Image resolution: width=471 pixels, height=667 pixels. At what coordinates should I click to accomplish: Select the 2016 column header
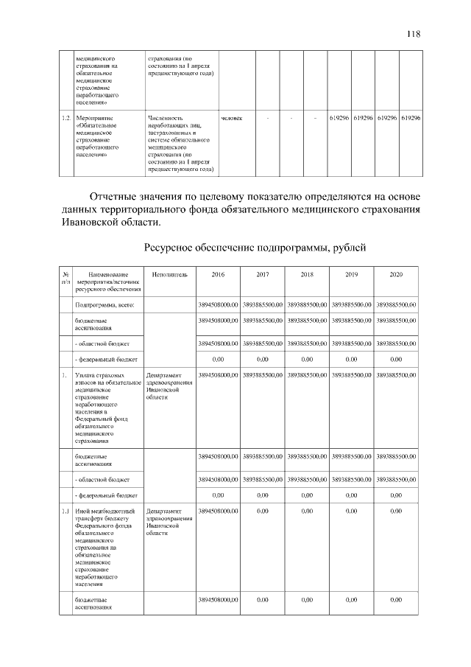point(219,274)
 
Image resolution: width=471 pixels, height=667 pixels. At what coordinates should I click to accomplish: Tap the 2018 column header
point(307,274)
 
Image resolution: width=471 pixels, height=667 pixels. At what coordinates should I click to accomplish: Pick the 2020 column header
point(395,274)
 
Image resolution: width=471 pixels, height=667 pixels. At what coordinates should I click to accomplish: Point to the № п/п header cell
point(65,278)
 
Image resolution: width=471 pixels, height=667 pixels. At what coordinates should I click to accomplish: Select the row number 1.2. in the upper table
point(65,118)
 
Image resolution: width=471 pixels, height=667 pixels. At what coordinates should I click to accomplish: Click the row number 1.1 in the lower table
point(65,510)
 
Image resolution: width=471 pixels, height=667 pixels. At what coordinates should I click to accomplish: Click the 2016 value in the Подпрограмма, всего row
point(219,304)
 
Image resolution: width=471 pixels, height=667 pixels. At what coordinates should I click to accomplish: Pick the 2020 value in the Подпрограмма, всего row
point(395,304)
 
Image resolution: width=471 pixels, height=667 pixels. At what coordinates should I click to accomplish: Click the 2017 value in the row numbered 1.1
point(263,510)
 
